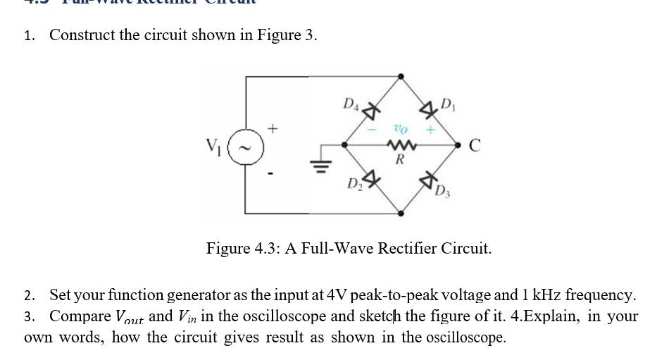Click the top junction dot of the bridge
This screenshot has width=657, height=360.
(401, 76)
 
